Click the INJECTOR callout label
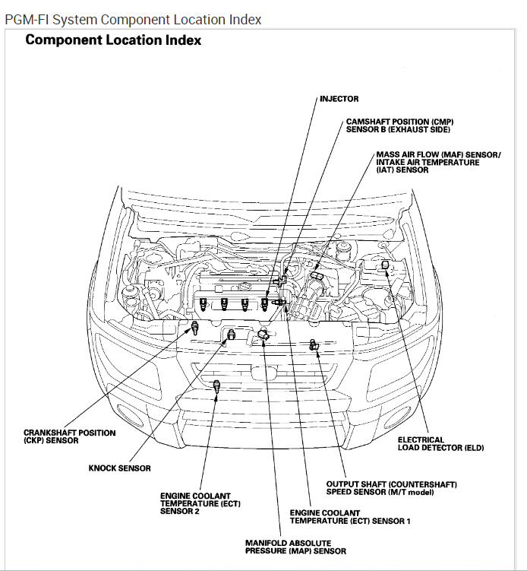click(339, 99)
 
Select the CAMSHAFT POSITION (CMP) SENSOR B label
click(399, 126)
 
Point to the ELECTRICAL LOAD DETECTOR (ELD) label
click(440, 444)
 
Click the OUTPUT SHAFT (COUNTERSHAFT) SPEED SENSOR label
click(381, 488)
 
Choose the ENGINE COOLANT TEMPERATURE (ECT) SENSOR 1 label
click(350, 517)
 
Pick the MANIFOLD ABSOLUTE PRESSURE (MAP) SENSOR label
click(295, 547)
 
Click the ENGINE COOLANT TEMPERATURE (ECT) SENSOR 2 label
click(191, 504)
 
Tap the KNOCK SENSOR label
click(119, 468)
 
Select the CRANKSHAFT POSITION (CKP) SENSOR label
click(70, 436)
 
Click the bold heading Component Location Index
click(113, 40)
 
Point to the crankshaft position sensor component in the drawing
click(194, 328)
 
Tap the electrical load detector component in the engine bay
click(385, 264)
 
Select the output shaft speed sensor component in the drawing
click(314, 345)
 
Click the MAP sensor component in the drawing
click(263, 335)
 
